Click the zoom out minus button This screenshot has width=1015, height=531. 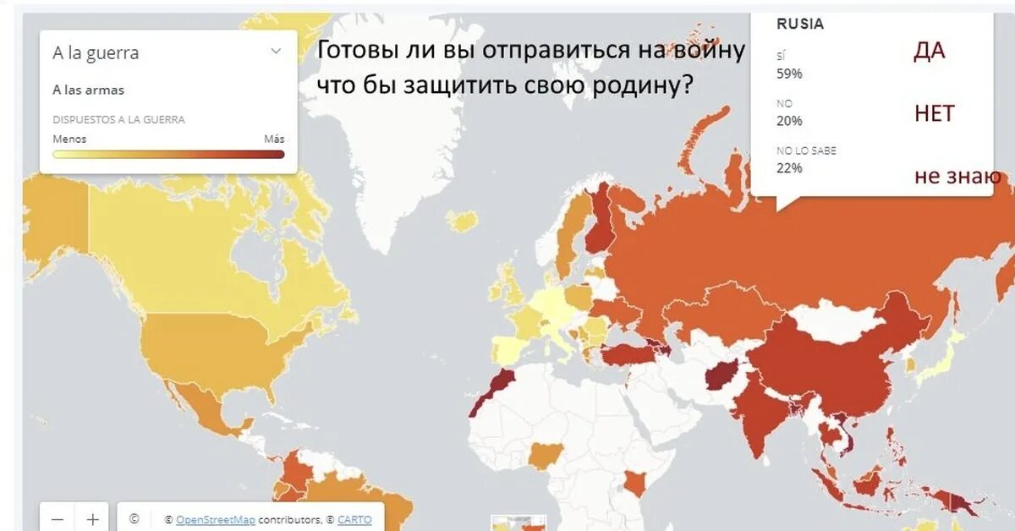[57, 519]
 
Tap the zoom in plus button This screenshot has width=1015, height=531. [92, 519]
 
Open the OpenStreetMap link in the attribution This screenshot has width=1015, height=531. [215, 520]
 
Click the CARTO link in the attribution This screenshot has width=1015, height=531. [354, 520]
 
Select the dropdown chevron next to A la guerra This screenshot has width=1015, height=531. [276, 52]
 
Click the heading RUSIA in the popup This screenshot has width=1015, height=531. [799, 25]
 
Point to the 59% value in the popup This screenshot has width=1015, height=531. [789, 74]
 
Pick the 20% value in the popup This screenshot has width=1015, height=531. [789, 121]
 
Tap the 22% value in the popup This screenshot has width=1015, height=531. [789, 168]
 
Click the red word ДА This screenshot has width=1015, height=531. [929, 52]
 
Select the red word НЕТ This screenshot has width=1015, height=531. [934, 113]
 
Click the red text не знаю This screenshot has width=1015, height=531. [957, 176]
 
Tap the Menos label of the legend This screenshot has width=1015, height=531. [69, 140]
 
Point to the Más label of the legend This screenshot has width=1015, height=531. [274, 140]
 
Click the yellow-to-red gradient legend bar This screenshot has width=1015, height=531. [168, 154]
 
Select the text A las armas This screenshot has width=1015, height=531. [88, 90]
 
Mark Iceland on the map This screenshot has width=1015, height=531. [462, 222]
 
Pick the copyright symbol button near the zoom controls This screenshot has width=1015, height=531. [134, 519]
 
